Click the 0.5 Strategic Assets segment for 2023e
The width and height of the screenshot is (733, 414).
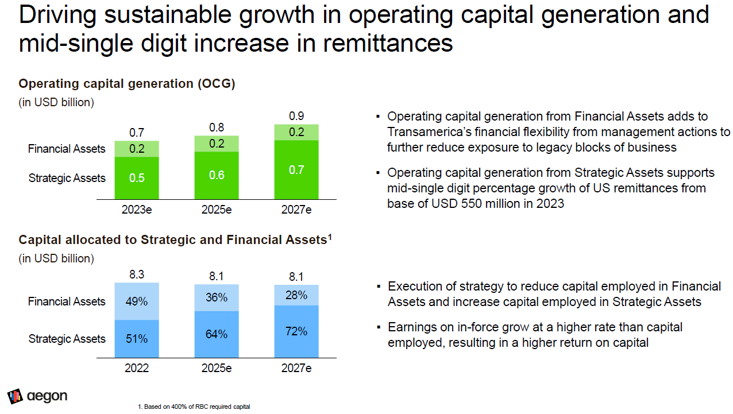click(137, 178)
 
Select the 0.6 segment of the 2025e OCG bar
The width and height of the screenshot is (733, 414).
click(217, 175)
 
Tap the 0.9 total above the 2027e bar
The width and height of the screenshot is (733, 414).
click(296, 116)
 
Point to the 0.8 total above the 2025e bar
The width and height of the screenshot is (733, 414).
click(217, 127)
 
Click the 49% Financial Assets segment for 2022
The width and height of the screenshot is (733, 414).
click(137, 301)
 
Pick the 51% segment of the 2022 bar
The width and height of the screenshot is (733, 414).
click(137, 339)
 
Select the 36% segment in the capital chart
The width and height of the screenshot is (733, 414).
click(217, 297)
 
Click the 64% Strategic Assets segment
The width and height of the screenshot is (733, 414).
click(217, 334)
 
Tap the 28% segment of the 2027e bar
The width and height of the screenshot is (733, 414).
click(296, 295)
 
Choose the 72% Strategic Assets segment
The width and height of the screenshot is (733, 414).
click(296, 331)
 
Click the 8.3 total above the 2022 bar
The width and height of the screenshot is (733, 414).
click(137, 274)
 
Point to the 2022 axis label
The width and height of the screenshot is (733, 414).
click(137, 368)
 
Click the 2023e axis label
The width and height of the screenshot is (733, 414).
click(137, 210)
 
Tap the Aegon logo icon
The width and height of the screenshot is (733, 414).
click(15, 396)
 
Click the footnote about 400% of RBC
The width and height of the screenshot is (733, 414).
click(194, 407)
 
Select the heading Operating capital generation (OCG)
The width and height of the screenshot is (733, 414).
click(127, 84)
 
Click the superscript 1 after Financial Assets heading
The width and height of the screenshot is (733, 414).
click(330, 237)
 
